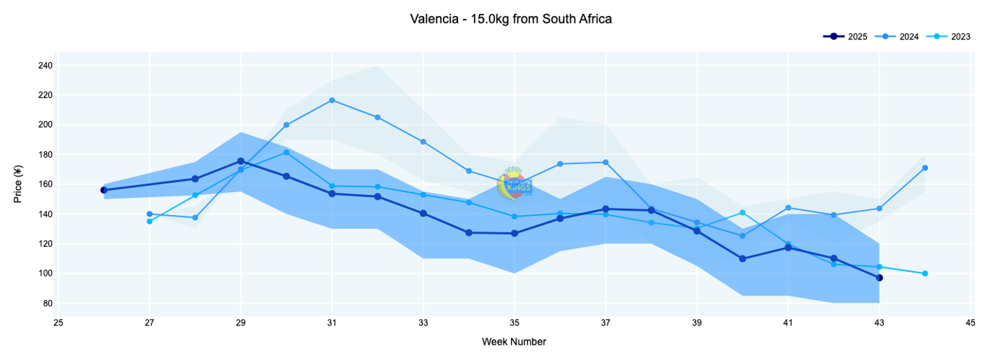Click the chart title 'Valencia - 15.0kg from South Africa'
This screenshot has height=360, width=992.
pyautogui.click(x=511, y=19)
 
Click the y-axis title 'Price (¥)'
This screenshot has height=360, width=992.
pyautogui.click(x=19, y=184)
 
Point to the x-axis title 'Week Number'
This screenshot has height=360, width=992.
pyautogui.click(x=514, y=341)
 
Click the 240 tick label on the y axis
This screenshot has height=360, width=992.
pyautogui.click(x=46, y=66)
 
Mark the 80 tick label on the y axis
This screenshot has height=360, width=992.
pyautogui.click(x=48, y=303)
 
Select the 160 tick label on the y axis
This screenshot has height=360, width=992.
pyautogui.click(x=46, y=184)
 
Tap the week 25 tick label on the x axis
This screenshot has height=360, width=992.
pyautogui.click(x=59, y=322)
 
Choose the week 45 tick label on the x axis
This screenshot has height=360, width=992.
pyautogui.click(x=971, y=322)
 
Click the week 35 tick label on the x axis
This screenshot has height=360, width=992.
pyautogui.click(x=515, y=322)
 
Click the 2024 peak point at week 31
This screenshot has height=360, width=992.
pyautogui.click(x=332, y=100)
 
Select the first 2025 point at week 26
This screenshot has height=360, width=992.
pyautogui.click(x=104, y=190)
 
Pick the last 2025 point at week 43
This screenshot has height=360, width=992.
pyautogui.click(x=879, y=278)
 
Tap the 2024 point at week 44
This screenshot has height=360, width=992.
pyautogui.click(x=925, y=168)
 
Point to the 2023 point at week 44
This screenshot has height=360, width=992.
pyautogui.click(x=925, y=274)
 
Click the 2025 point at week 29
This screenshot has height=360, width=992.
pyautogui.click(x=241, y=161)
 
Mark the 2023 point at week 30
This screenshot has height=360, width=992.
pyautogui.click(x=287, y=153)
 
